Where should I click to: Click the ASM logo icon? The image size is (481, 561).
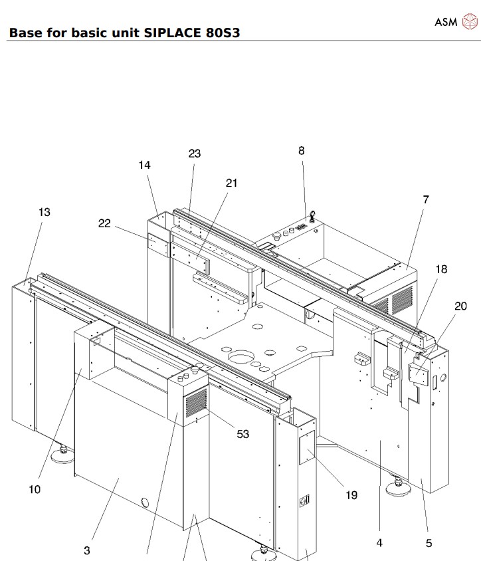click(469, 22)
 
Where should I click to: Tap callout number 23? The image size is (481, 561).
click(194, 154)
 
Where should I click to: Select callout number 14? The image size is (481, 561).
click(145, 166)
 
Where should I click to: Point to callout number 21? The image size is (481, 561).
click(231, 183)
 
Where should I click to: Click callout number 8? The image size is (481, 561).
click(301, 151)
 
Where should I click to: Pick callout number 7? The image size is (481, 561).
click(425, 199)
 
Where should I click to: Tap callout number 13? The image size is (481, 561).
click(44, 212)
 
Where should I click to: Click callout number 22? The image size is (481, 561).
click(104, 223)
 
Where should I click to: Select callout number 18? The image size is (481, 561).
click(441, 269)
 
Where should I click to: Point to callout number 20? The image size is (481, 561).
click(460, 306)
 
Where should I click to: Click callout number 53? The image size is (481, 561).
click(243, 434)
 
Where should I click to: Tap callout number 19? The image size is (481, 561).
click(351, 495)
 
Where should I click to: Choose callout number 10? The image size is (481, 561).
click(35, 490)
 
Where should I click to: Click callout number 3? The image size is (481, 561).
click(87, 550)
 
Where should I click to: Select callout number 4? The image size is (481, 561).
click(379, 543)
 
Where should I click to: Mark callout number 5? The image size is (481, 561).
click(429, 543)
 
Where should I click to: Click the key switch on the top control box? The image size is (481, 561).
click(310, 215)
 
